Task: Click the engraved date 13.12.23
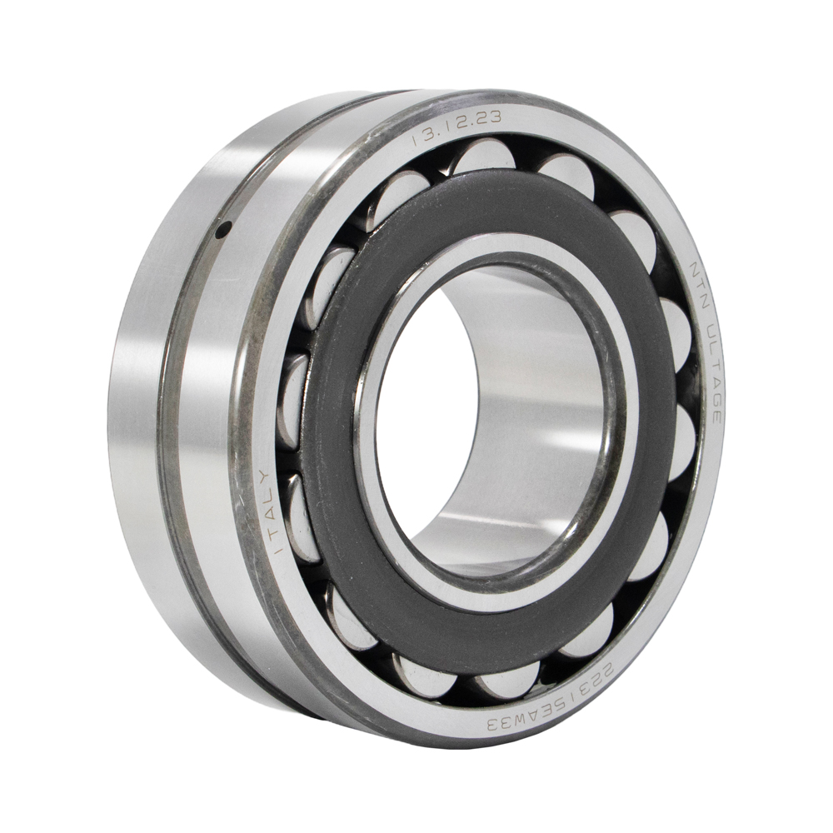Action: pyautogui.click(x=456, y=128)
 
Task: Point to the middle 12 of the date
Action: pyautogui.click(x=456, y=126)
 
